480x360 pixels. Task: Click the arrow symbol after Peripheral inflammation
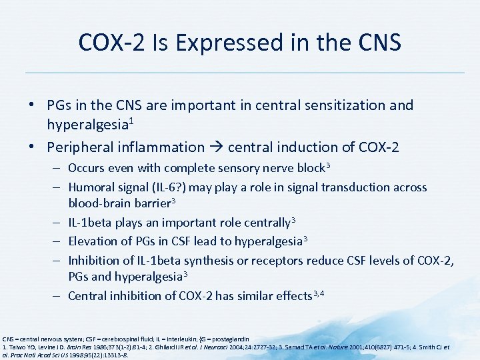pyautogui.click(x=217, y=147)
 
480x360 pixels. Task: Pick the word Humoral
pyautogui.click(x=93, y=187)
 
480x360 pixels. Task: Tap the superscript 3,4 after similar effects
pyautogui.click(x=321, y=293)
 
